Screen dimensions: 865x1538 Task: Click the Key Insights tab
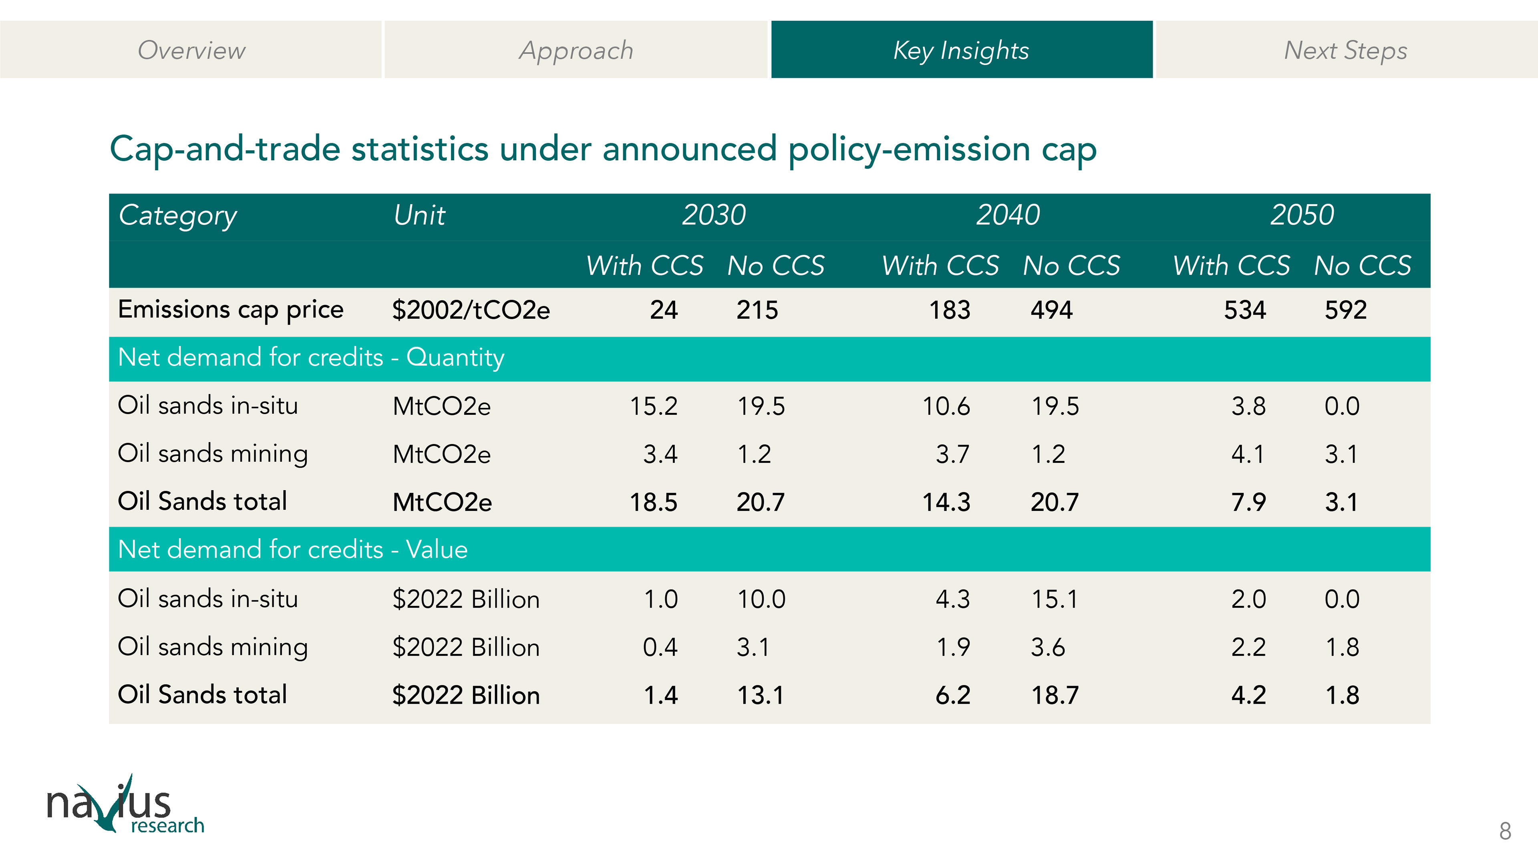[x=961, y=50]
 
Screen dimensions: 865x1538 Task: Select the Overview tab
[x=191, y=50]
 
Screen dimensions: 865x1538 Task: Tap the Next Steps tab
[x=1345, y=50]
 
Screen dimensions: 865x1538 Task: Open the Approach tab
[x=576, y=50]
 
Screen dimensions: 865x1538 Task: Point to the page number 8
[x=1505, y=831]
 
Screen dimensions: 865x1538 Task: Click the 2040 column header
[x=1008, y=215]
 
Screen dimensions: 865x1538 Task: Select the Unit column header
[x=419, y=215]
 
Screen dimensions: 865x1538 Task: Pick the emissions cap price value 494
[x=1051, y=310]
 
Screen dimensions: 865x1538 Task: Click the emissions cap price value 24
[x=663, y=310]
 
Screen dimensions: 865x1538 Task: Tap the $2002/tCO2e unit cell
[x=471, y=310]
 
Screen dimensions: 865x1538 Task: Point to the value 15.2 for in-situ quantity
[x=653, y=406]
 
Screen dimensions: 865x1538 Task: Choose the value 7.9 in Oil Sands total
[x=1248, y=502]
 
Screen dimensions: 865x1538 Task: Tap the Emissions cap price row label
[x=230, y=310]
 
